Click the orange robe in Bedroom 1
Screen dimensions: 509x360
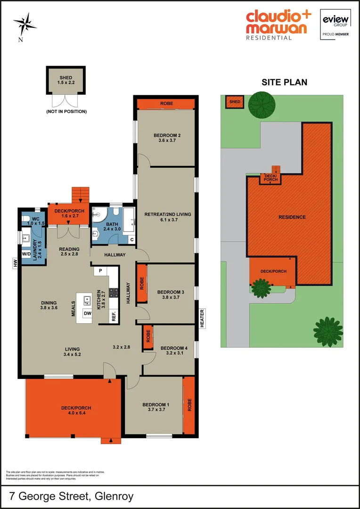click(x=189, y=405)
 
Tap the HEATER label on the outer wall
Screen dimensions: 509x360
click(x=202, y=318)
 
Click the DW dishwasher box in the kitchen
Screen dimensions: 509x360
click(x=87, y=313)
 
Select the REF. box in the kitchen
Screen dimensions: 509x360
click(x=114, y=316)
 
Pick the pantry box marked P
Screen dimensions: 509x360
click(x=100, y=271)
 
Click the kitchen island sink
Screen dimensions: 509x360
click(x=87, y=300)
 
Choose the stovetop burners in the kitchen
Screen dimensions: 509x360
click(x=114, y=292)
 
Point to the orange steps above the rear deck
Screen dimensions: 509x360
click(x=80, y=194)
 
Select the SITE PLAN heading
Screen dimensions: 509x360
click(x=284, y=82)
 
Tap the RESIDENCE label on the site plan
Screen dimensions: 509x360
click(x=292, y=217)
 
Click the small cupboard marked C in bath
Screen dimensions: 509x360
click(x=131, y=239)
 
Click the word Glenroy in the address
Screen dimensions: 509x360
click(x=114, y=496)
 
